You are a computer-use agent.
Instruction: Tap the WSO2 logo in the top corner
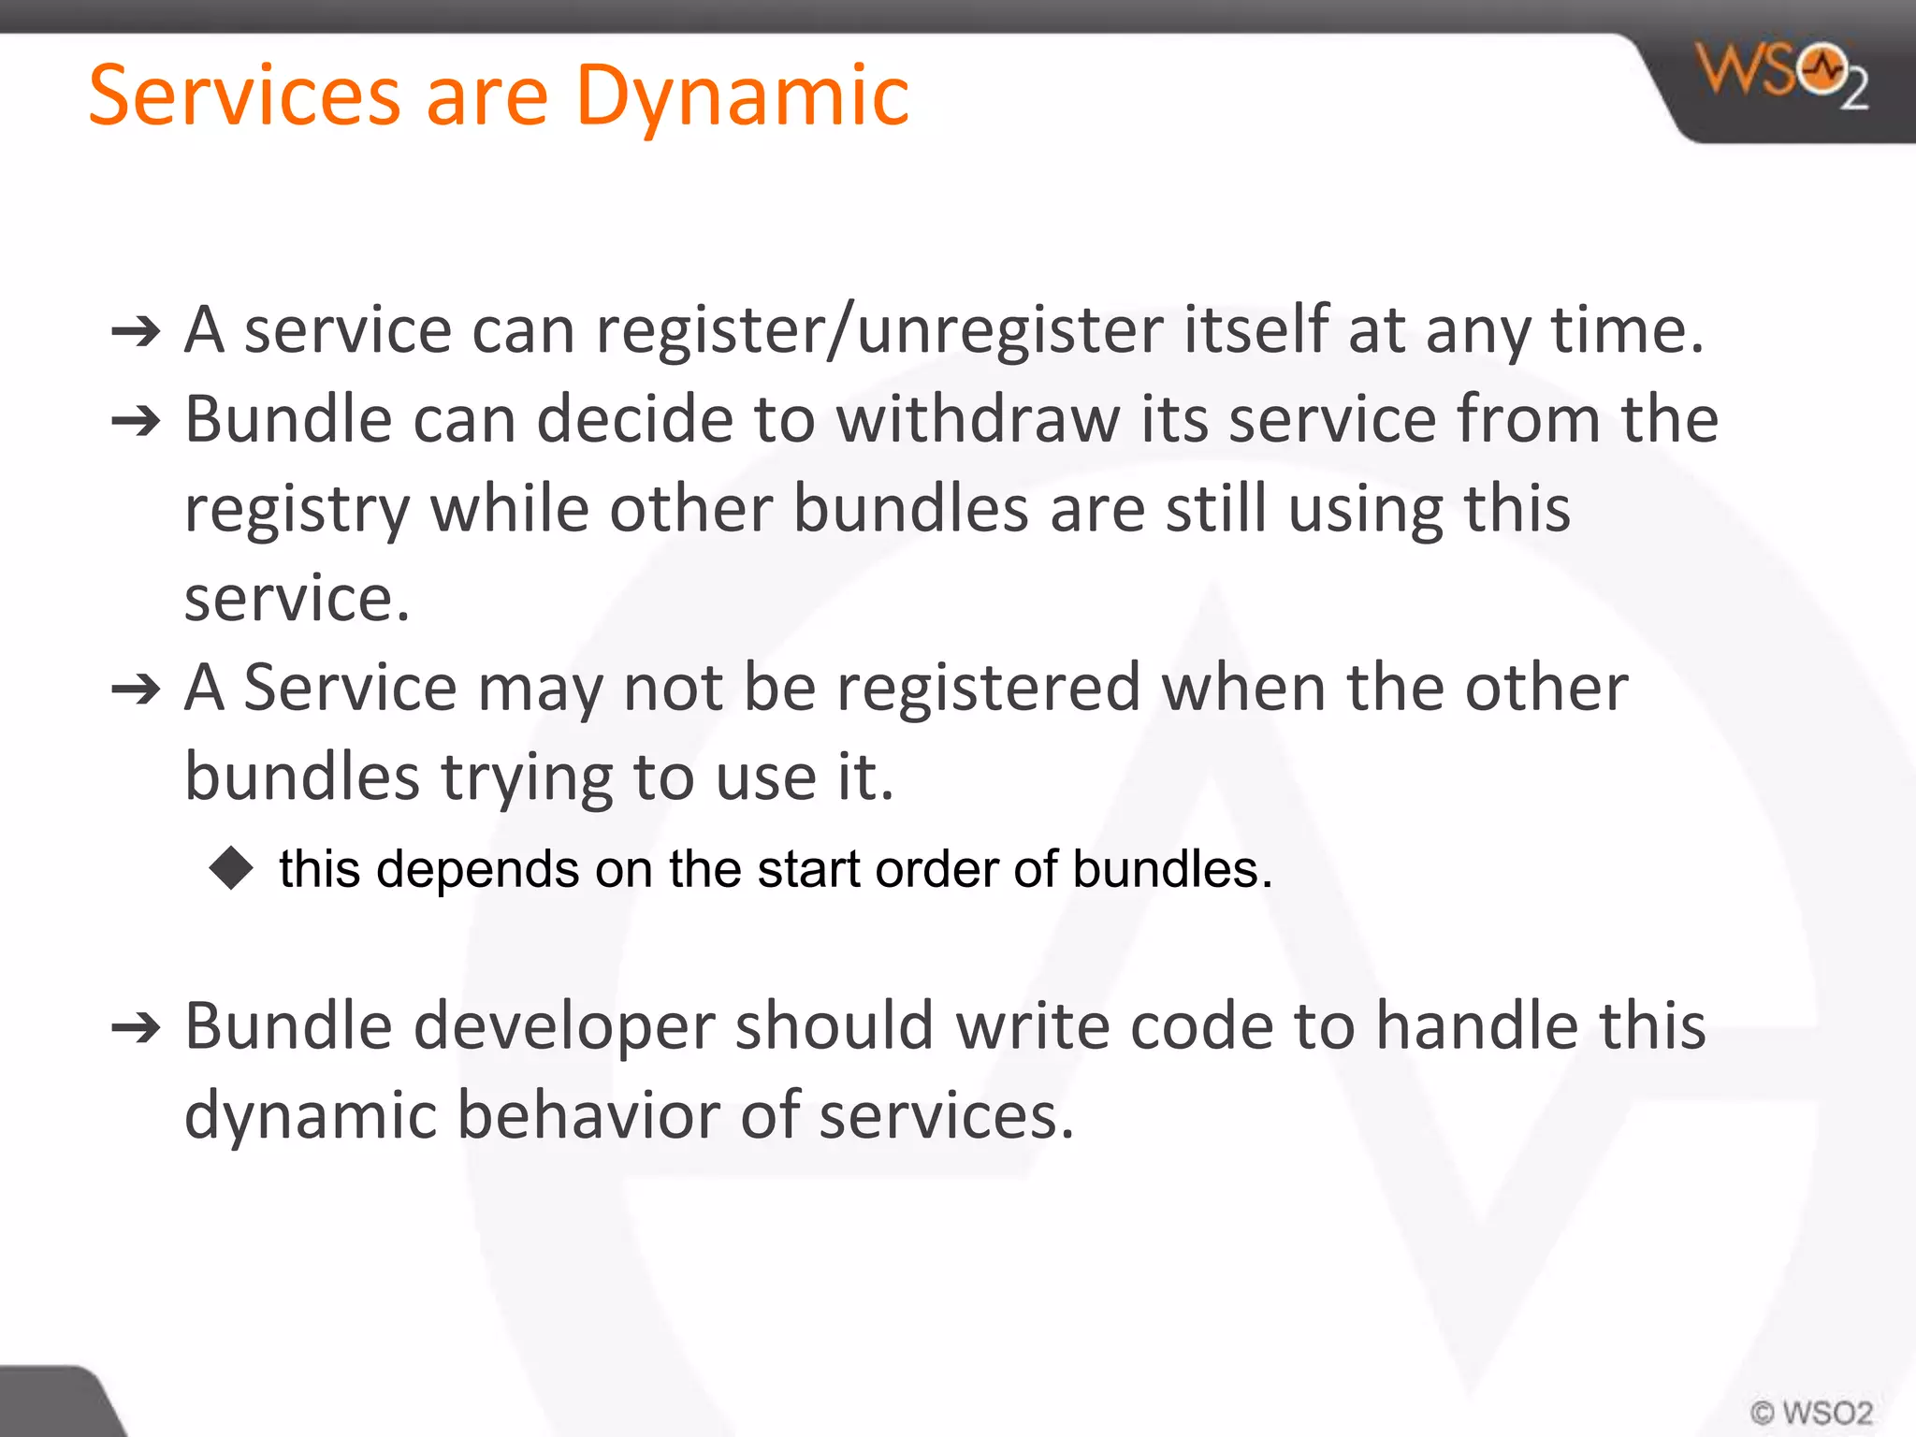coord(1782,75)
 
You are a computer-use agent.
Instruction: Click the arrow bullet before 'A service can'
coord(137,332)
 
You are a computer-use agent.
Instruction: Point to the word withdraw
coord(978,419)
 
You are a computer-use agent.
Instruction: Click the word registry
coord(297,510)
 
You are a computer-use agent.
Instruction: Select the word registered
coord(988,689)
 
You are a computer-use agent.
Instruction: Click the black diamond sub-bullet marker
coord(231,867)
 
